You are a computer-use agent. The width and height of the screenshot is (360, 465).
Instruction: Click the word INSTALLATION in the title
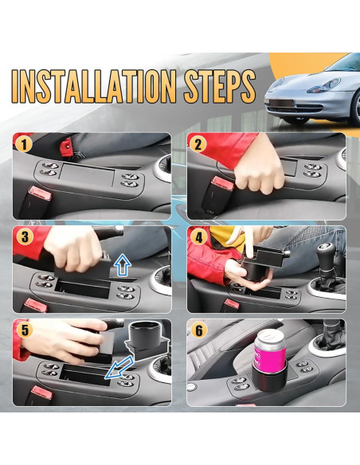pyautogui.click(x=94, y=86)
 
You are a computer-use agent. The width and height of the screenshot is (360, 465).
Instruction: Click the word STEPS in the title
pyautogui.click(x=220, y=86)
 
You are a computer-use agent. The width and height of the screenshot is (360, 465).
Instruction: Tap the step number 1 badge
pyautogui.click(x=24, y=145)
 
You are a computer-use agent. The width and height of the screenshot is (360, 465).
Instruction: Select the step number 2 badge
pyautogui.click(x=198, y=145)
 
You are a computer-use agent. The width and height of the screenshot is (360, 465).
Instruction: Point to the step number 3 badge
pyautogui.click(x=25, y=237)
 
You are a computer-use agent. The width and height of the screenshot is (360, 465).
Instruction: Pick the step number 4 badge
pyautogui.click(x=198, y=237)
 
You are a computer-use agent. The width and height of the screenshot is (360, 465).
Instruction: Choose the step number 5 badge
pyautogui.click(x=25, y=330)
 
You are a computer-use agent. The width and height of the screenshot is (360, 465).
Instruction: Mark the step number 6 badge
pyautogui.click(x=198, y=330)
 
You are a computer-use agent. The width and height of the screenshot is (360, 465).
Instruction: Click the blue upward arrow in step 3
pyautogui.click(x=123, y=265)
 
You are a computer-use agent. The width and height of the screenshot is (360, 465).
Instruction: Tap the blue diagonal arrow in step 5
pyautogui.click(x=119, y=368)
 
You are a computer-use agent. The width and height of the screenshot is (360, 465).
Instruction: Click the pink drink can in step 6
pyautogui.click(x=270, y=349)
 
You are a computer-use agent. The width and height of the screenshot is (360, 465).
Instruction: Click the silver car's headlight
pyautogui.click(x=324, y=85)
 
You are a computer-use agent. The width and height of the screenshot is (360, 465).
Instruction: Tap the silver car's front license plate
pyautogui.click(x=281, y=104)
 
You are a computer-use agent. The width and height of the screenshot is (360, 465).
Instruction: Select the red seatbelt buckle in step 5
pyautogui.click(x=41, y=392)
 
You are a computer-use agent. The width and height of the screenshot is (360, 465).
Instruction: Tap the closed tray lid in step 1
pyautogui.click(x=87, y=174)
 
